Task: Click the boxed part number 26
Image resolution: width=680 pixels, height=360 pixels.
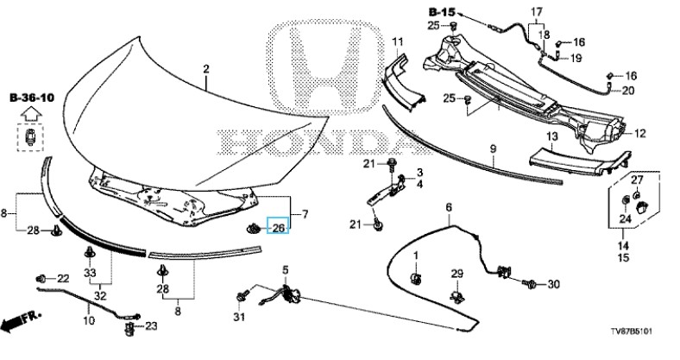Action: tap(279, 227)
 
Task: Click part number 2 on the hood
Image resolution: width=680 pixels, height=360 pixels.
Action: tap(206, 68)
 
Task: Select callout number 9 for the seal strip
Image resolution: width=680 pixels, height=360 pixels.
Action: tap(493, 149)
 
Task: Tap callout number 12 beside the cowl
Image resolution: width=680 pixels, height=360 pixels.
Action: tap(639, 133)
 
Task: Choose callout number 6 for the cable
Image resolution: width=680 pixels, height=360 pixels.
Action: tap(449, 207)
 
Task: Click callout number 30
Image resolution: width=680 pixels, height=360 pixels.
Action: tap(553, 283)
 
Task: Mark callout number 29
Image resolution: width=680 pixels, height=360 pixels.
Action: tap(457, 275)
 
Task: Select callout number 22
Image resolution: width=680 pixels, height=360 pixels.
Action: tap(62, 278)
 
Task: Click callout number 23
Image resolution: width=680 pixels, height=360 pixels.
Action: tap(150, 325)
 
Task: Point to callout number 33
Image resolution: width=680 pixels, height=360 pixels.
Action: tap(90, 273)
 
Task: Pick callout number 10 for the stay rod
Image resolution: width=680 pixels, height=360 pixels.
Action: tap(88, 320)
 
